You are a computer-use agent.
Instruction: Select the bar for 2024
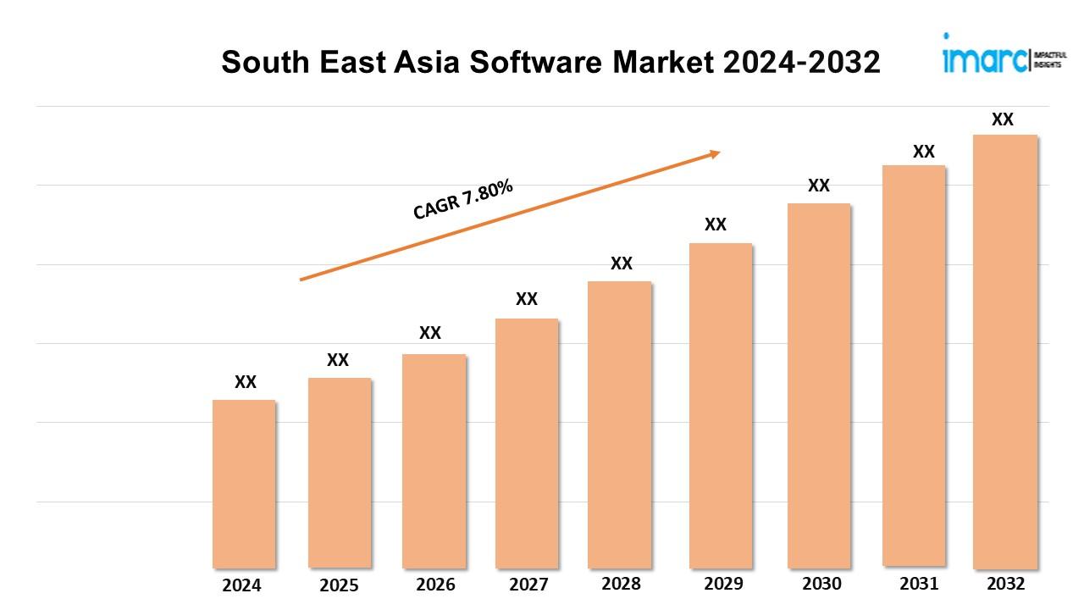[x=244, y=483]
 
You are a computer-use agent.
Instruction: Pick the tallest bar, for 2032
[x=1005, y=351]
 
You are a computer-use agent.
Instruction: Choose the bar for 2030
[x=819, y=385]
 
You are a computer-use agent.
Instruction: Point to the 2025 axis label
[x=339, y=585]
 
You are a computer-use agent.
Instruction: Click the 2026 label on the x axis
[x=435, y=585]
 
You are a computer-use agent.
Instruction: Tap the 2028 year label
[x=621, y=584]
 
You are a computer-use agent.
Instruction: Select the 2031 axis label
[x=918, y=584]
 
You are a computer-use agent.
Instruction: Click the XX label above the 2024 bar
[x=246, y=382]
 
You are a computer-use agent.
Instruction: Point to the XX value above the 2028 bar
[x=622, y=263]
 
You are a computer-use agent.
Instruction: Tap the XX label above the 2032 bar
[x=1003, y=119]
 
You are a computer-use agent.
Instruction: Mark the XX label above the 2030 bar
[x=819, y=186]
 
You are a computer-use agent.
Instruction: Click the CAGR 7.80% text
[x=463, y=201]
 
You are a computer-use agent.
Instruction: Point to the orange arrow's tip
[x=718, y=152]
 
